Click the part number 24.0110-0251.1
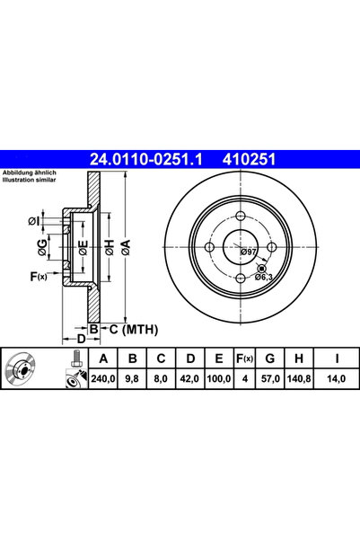click(x=148, y=159)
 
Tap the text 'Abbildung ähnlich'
click(x=31, y=172)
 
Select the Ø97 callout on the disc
click(x=248, y=253)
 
